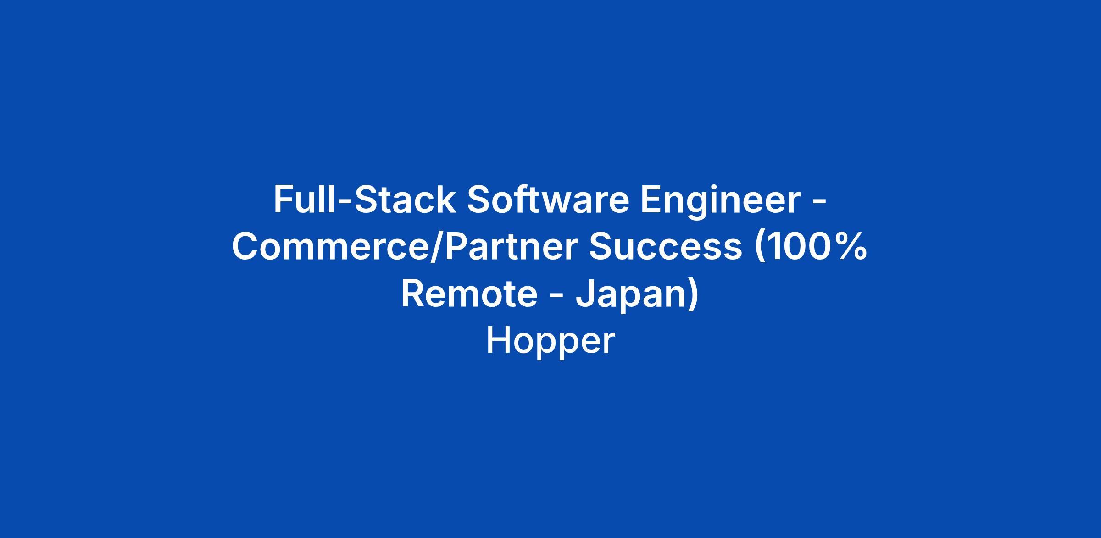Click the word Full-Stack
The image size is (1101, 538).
point(365,200)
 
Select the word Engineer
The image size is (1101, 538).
point(720,202)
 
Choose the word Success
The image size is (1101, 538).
point(666,247)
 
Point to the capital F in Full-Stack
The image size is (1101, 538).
point(283,200)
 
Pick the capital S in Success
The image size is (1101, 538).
point(601,247)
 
